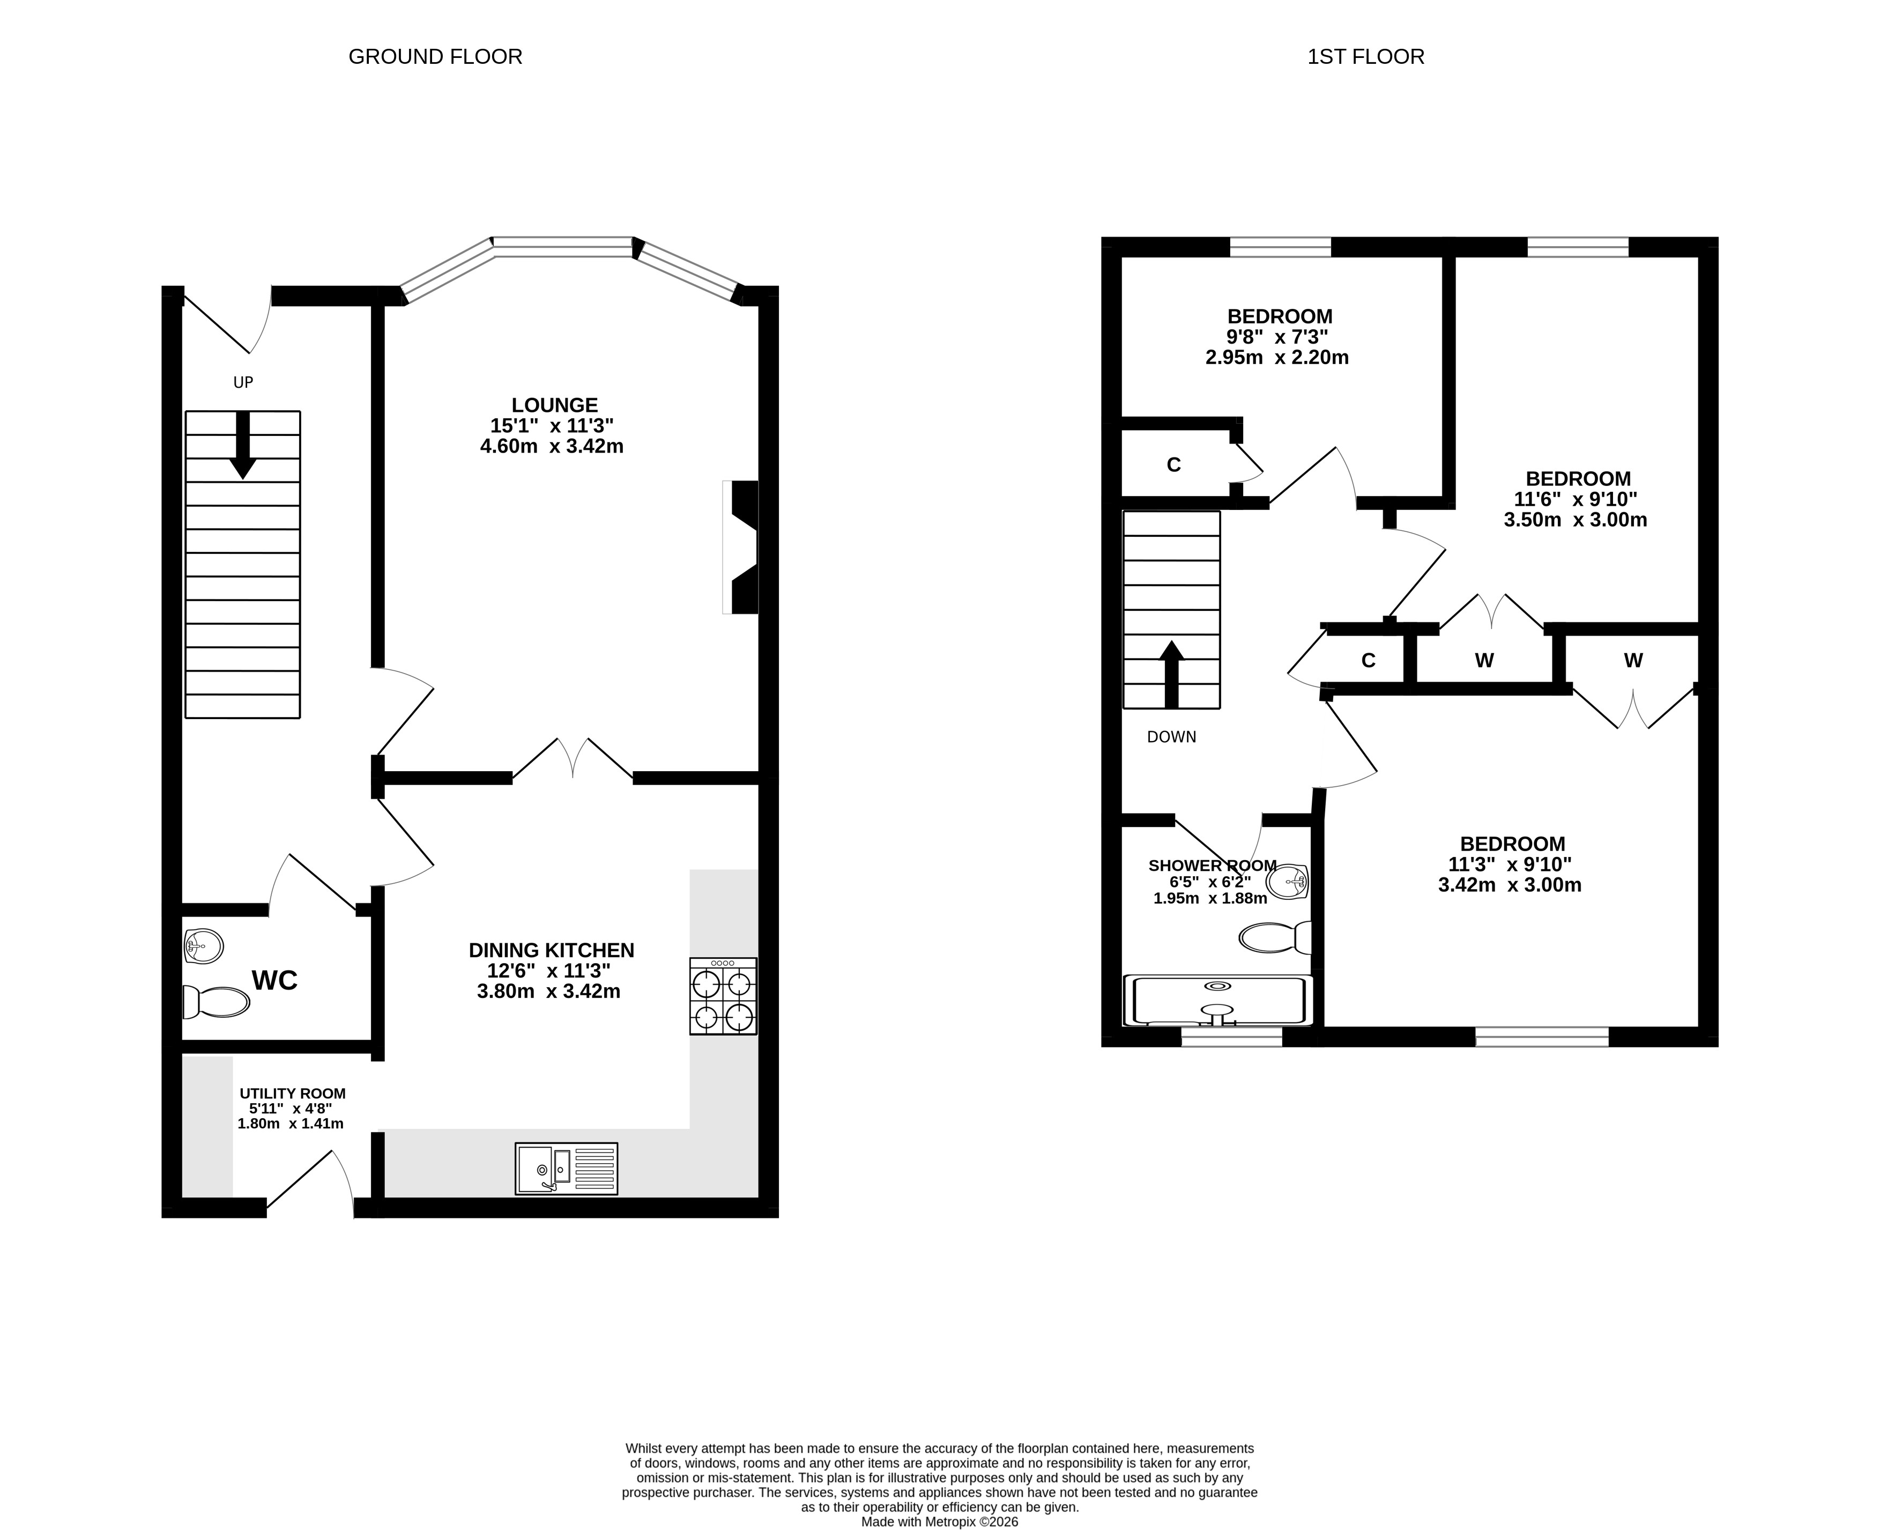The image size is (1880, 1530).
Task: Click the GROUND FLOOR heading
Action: point(435,56)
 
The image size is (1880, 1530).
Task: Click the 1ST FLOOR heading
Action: point(1365,56)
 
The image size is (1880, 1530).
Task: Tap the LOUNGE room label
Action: point(554,405)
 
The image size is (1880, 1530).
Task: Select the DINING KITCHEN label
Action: point(552,950)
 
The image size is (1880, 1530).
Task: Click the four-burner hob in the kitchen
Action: point(723,996)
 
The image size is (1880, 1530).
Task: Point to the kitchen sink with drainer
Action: point(567,1169)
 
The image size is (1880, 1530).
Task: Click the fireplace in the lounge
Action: point(740,546)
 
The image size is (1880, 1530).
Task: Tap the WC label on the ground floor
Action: point(275,980)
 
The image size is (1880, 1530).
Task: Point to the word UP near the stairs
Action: point(243,382)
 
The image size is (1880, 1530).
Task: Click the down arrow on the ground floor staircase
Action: point(243,445)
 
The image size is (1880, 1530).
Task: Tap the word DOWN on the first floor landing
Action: point(1172,737)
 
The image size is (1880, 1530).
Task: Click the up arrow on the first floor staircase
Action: point(1172,674)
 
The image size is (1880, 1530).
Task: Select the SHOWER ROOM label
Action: point(1212,866)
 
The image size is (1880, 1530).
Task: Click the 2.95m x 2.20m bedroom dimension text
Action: point(1277,358)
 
